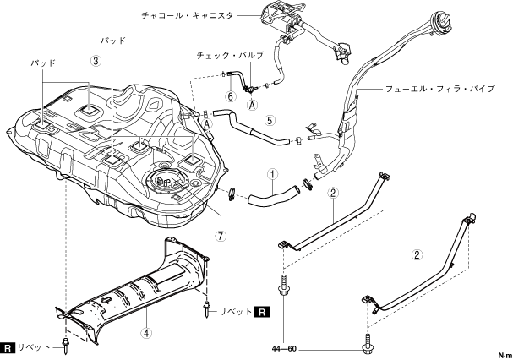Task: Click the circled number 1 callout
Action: point(273,174)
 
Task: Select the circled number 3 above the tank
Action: point(96,61)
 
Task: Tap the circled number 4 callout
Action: point(146,333)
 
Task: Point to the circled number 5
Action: point(270,121)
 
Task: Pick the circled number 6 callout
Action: point(231,96)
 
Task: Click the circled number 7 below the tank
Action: point(221,236)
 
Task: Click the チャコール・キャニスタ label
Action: point(188,15)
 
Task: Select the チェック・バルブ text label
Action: point(230,55)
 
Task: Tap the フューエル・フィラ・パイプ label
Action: point(439,89)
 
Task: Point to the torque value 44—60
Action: point(284,349)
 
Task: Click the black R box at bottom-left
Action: point(8,347)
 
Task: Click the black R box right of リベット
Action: point(262,312)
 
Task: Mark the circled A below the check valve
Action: point(252,106)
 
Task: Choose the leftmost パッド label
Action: point(43,63)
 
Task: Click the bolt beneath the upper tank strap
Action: point(283,286)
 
